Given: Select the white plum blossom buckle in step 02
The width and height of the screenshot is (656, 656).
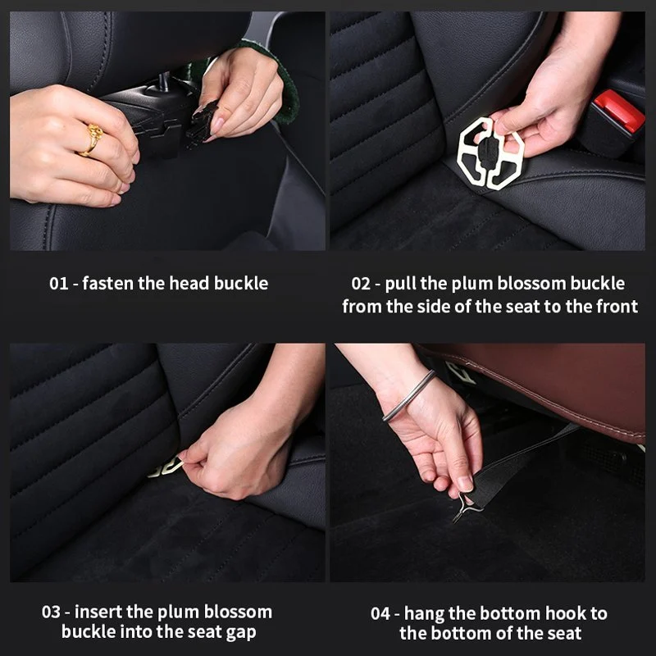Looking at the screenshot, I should tap(491, 153).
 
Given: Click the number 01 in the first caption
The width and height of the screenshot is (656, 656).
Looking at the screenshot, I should tap(58, 284).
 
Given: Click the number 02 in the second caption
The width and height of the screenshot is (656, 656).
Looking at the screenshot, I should tap(361, 284).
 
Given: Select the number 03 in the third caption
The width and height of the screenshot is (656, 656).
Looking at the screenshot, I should tap(52, 613).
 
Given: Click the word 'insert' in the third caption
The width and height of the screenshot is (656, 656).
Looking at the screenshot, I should tap(104, 613).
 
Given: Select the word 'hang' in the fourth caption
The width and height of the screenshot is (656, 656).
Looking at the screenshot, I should tap(427, 613).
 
